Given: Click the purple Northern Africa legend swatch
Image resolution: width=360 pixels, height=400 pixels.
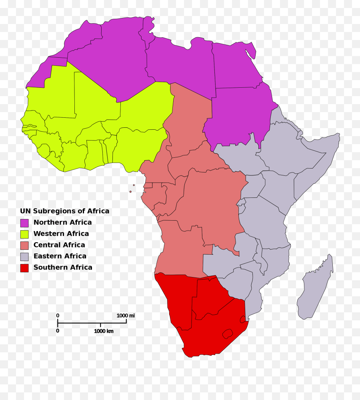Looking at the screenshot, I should tap(24, 223).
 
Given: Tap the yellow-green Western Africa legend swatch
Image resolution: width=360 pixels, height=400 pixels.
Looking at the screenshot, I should tap(24, 234).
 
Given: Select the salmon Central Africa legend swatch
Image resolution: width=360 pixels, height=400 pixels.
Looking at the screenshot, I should tap(24, 245).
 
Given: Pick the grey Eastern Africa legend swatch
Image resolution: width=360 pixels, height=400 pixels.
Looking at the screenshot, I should tap(24, 256).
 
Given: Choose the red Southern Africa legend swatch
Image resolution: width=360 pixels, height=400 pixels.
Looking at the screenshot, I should tap(24, 267).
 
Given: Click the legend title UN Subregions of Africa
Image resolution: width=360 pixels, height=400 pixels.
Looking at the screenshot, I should tap(64, 211).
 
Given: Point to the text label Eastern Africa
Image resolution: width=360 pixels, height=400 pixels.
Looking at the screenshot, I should tap(60, 256).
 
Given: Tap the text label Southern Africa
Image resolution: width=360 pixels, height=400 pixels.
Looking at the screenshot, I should tap(63, 267).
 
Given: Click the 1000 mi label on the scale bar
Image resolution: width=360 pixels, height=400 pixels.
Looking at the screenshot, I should tap(126, 316).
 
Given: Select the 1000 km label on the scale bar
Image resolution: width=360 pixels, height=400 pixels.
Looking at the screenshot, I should tap(104, 331).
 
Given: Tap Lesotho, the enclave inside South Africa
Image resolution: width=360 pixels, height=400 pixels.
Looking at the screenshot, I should tap(228, 333).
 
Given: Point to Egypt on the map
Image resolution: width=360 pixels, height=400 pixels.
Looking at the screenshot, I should tap(236, 66).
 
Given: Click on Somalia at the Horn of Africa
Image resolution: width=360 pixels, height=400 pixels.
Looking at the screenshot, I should tap(316, 164).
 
